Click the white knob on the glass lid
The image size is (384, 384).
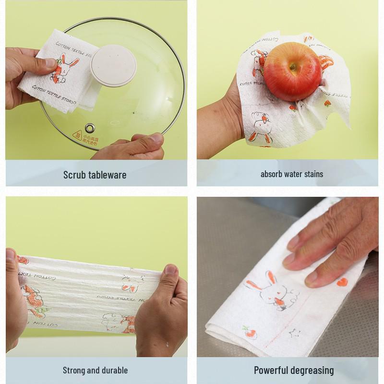(x=113, y=65)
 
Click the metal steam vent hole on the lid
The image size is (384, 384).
(x=90, y=127)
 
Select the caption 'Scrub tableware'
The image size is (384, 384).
(x=95, y=175)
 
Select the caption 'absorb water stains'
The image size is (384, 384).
(x=292, y=174)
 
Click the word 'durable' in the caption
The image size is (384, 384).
(x=113, y=370)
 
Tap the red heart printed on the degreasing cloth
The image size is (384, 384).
(x=341, y=282)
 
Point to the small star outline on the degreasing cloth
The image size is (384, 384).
(x=292, y=332)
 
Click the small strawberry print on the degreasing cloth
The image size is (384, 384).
(x=247, y=330)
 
